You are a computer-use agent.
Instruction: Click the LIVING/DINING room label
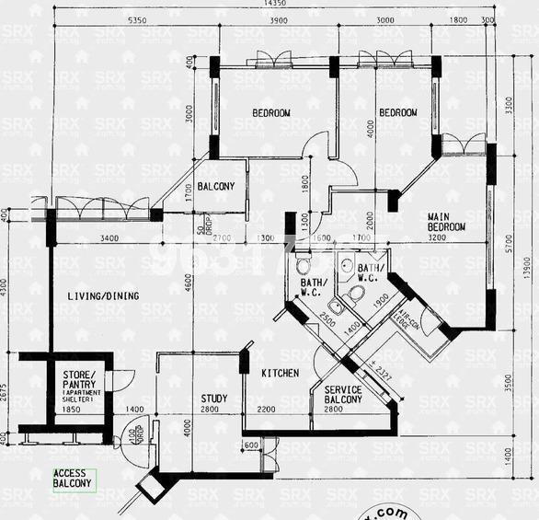[103, 295]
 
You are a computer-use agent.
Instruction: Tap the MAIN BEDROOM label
[446, 222]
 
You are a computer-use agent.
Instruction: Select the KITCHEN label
[280, 373]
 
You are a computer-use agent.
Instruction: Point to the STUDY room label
[213, 399]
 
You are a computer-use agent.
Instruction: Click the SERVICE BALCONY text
[344, 395]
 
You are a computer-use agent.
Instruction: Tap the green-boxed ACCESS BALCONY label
[73, 479]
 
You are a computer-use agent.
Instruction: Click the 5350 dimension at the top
[137, 21]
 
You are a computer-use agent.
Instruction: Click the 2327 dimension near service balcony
[384, 376]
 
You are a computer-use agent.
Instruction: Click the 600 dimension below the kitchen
[251, 445]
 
